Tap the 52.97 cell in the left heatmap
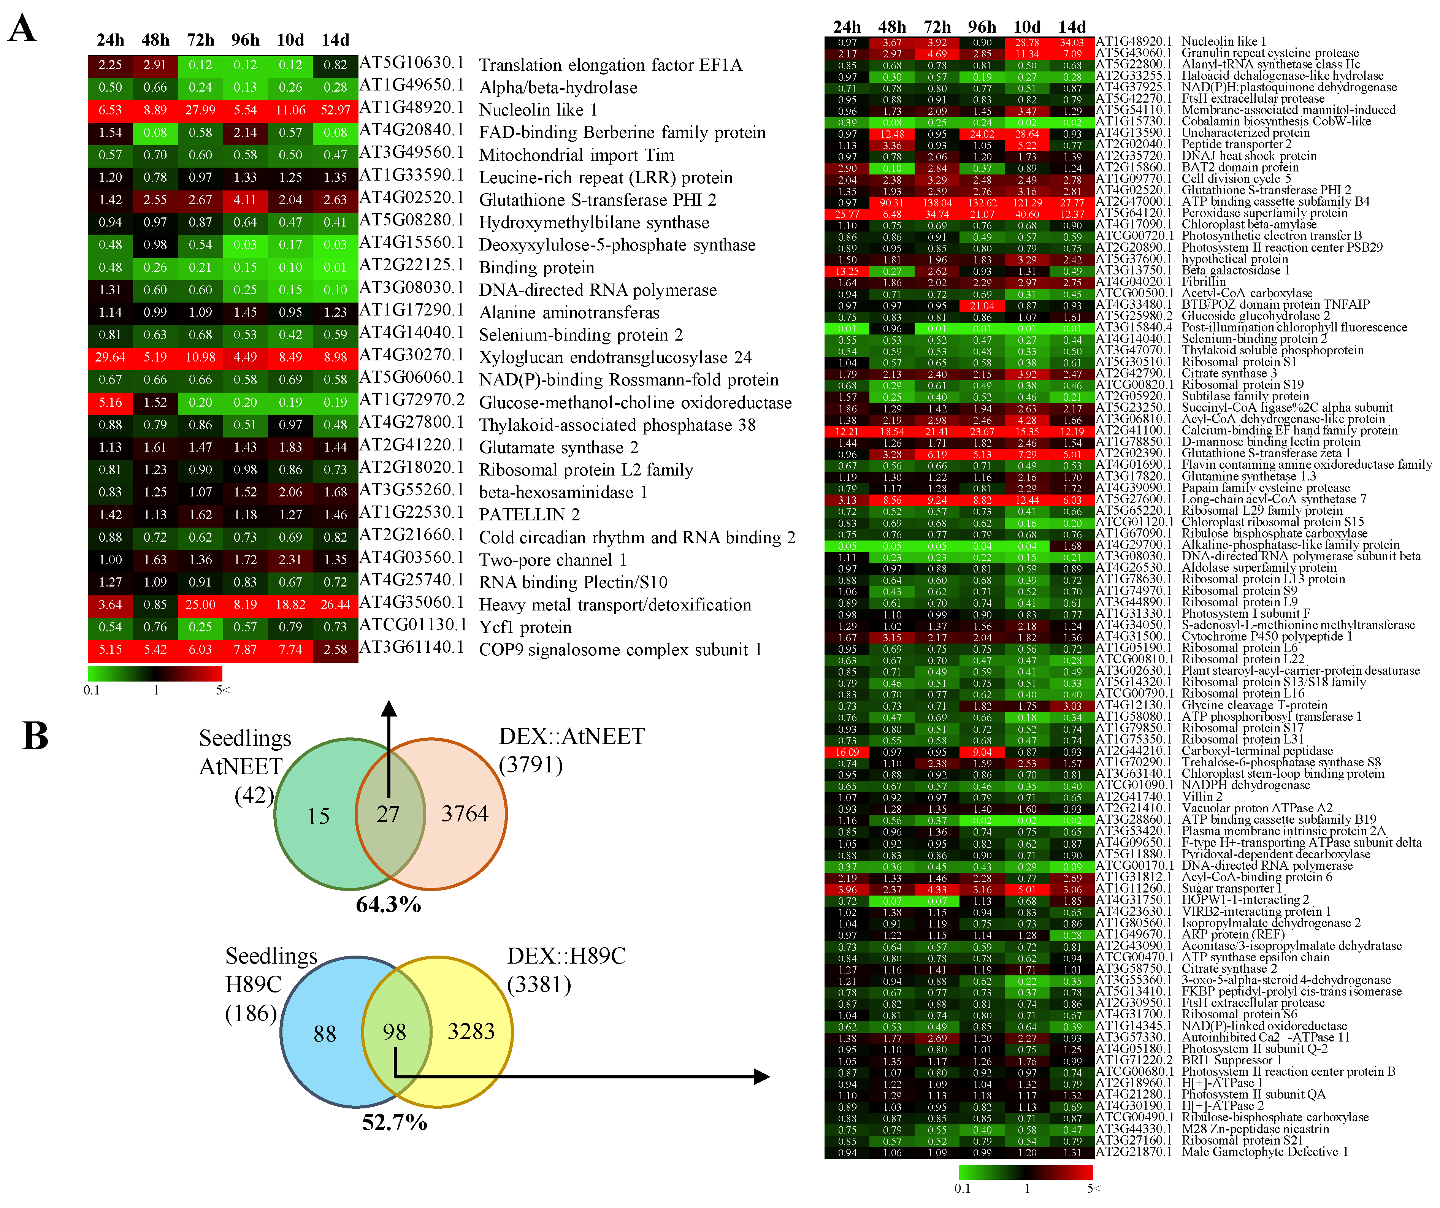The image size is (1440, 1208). click(x=335, y=110)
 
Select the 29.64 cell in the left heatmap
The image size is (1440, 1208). click(x=110, y=358)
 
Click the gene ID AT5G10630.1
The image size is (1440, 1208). click(x=411, y=63)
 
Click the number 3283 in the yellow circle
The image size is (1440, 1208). click(x=471, y=1032)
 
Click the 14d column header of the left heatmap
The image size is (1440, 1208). click(x=335, y=40)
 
